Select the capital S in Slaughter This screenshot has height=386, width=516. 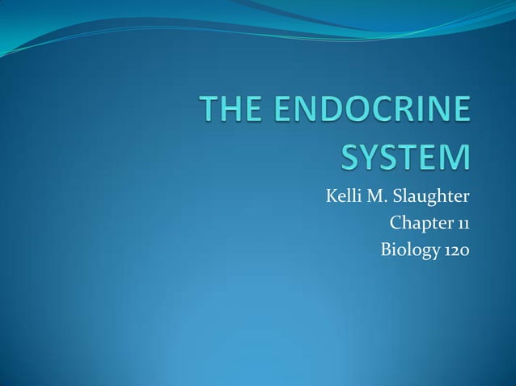(398, 195)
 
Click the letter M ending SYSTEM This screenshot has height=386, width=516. (455, 157)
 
